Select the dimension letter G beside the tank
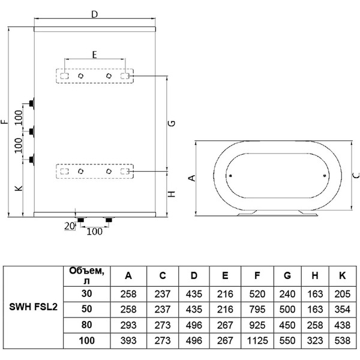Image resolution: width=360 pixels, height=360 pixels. [172, 123]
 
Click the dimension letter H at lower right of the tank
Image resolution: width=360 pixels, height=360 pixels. [172, 194]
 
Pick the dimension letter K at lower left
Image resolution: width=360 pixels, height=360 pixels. [18, 188]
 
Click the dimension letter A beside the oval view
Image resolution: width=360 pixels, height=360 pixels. [191, 178]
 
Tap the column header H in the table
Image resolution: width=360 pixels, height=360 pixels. [314, 276]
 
